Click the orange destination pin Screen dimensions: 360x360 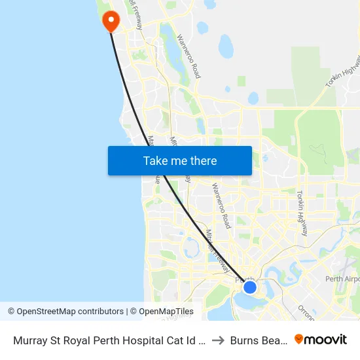pos(111,20)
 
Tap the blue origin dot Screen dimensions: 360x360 pos(249,287)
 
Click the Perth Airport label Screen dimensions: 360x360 pos(342,279)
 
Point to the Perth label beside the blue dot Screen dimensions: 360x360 pos(244,279)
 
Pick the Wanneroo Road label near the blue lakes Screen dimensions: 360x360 pos(189,56)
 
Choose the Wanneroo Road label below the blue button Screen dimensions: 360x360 pos(221,206)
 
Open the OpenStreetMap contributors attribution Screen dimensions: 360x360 pos(65,312)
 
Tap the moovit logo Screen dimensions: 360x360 pos(321,340)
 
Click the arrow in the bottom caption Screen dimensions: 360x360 pos(219,340)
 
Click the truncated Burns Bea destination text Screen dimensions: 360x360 pos(259,340)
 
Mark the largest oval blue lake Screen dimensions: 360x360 pos(226,46)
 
